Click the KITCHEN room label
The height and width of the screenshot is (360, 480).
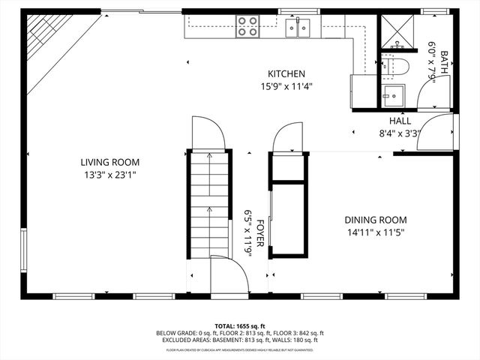pyautogui.click(x=286, y=73)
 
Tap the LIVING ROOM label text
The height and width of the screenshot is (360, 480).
pyautogui.click(x=110, y=162)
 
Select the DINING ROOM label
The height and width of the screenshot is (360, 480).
pyautogui.click(x=375, y=220)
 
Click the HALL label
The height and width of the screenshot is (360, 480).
pyautogui.click(x=400, y=121)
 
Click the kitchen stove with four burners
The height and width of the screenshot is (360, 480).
pyautogui.click(x=247, y=27)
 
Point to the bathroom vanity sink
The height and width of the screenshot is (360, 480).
pyautogui.click(x=391, y=95)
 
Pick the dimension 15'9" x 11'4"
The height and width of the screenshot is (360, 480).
pyautogui.click(x=286, y=85)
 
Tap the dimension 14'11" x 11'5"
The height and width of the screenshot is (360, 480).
pyautogui.click(x=375, y=232)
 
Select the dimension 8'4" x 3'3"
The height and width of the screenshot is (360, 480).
pyautogui.click(x=400, y=133)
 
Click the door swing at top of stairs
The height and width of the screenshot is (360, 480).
pyautogui.click(x=208, y=133)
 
